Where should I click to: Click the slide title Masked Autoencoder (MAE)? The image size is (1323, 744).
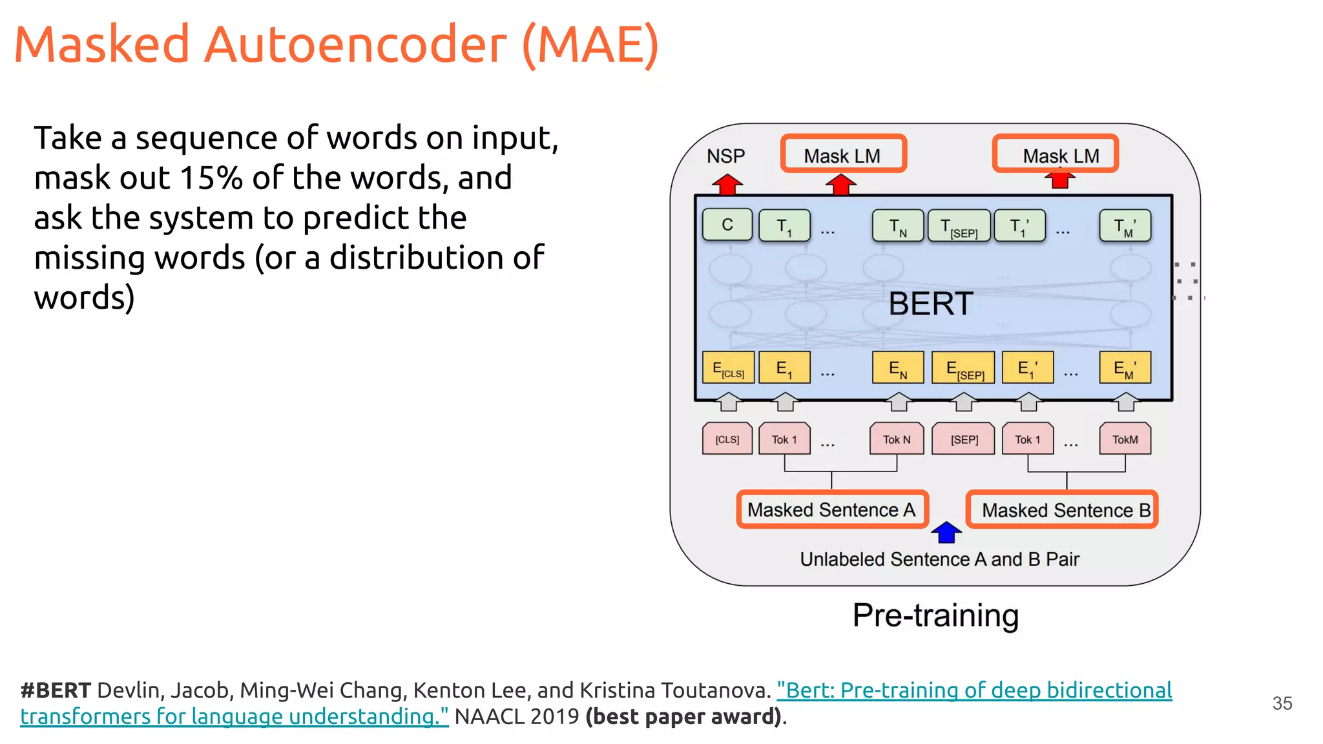(x=336, y=45)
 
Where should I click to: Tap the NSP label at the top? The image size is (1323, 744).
(x=725, y=156)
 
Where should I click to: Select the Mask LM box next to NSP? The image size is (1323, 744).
(x=843, y=154)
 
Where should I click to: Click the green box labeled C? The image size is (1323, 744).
(x=727, y=225)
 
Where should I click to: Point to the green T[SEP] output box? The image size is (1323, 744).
(x=959, y=226)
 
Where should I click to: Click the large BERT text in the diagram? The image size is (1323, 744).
(x=930, y=304)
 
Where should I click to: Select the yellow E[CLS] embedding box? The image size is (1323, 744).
(x=728, y=368)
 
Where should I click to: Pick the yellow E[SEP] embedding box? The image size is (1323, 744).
(x=963, y=368)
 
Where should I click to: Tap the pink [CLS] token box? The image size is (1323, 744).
(x=727, y=439)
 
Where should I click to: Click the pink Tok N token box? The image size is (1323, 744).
(x=897, y=439)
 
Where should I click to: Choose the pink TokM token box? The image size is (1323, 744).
(x=1125, y=439)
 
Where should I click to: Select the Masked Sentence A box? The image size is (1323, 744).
(x=832, y=510)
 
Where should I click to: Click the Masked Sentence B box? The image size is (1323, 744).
(x=1063, y=510)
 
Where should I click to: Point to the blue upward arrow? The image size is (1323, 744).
(x=946, y=532)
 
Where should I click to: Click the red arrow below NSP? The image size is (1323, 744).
(x=727, y=185)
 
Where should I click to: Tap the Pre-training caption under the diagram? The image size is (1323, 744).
(x=935, y=615)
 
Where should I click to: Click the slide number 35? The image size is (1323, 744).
(x=1282, y=703)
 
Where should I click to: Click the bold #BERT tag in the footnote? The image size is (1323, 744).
(x=56, y=690)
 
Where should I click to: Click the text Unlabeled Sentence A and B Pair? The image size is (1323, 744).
(x=939, y=559)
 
